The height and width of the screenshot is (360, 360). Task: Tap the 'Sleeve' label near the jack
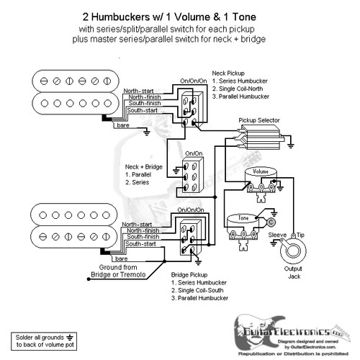coord(277,234)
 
